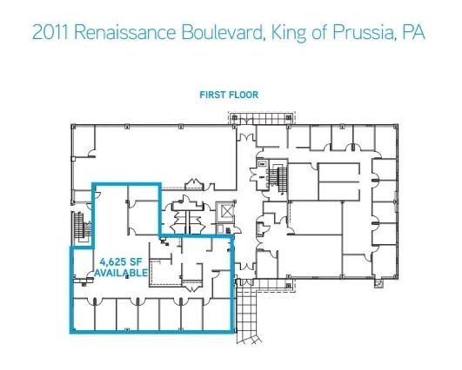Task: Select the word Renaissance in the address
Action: point(130,35)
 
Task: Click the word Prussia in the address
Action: point(358,35)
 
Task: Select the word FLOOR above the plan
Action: point(246,94)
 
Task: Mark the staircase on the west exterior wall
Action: point(83,227)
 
